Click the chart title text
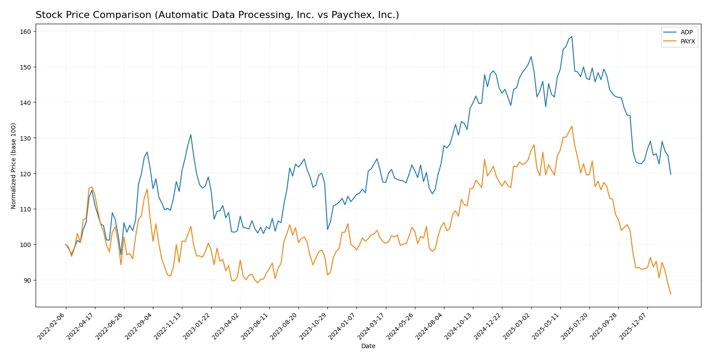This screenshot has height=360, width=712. pyautogui.click(x=217, y=15)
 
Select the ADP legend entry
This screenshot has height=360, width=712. pyautogui.click(x=686, y=32)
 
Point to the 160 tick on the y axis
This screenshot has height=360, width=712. pyautogui.click(x=25, y=32)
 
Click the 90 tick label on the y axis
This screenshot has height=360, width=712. pyautogui.click(x=27, y=280)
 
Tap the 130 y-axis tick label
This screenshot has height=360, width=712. pyautogui.click(x=25, y=138)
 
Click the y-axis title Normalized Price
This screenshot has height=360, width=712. pyautogui.click(x=14, y=166)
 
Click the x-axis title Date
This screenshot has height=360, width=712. pyautogui.click(x=368, y=346)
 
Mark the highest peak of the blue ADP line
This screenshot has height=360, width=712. pyautogui.click(x=571, y=36)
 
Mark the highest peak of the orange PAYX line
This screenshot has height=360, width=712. pyautogui.click(x=571, y=126)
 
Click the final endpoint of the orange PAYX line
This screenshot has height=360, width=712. pyautogui.click(x=671, y=294)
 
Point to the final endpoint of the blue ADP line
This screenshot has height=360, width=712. pyautogui.click(x=671, y=175)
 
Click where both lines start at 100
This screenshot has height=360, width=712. pyautogui.click(x=66, y=244)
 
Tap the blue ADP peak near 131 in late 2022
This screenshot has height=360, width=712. pyautogui.click(x=191, y=135)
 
